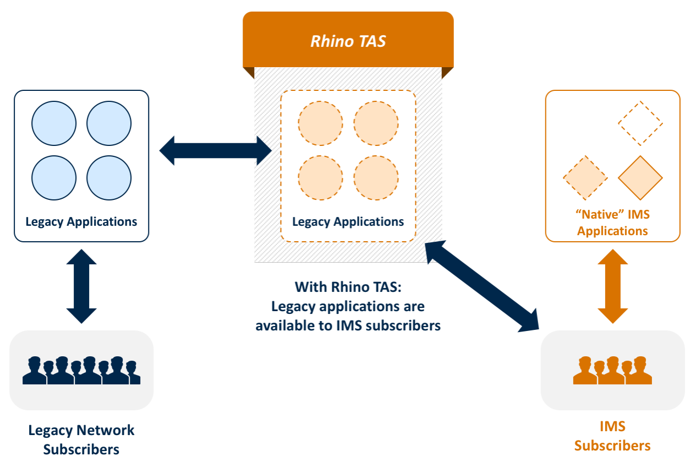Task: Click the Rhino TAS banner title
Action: (348, 41)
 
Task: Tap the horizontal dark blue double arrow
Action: (216, 150)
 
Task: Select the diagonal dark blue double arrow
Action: (482, 287)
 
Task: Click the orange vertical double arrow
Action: (612, 286)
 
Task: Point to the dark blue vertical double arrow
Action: (81, 286)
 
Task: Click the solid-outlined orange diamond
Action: (640, 178)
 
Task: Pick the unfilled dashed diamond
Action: (640, 123)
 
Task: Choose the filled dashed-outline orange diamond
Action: (585, 178)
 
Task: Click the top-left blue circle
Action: (54, 123)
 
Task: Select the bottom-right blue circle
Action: (109, 178)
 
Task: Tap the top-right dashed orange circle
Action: (376, 123)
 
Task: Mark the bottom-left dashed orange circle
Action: (320, 178)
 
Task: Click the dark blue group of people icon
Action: (81, 370)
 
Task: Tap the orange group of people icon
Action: (612, 370)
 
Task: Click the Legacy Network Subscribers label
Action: (81, 439)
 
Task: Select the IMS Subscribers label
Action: (612, 436)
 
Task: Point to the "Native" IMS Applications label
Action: (612, 222)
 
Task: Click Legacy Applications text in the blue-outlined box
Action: (81, 221)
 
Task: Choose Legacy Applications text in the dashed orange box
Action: (348, 221)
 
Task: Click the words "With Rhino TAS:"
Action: (348, 287)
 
